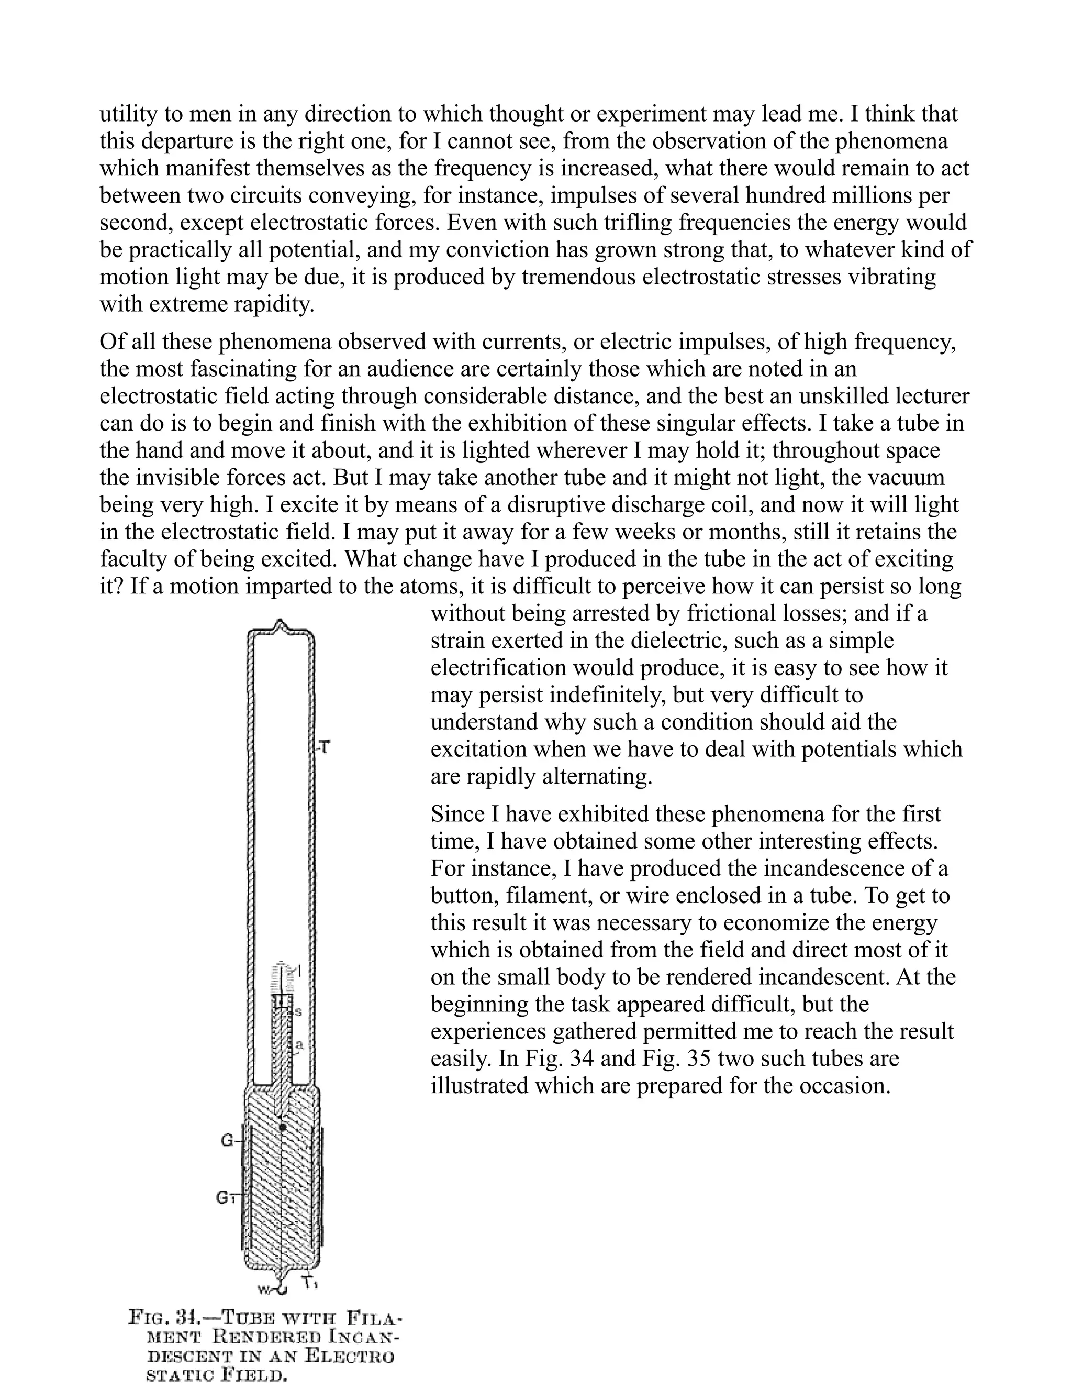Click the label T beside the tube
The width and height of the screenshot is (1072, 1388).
click(325, 748)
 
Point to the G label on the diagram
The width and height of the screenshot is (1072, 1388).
click(227, 1141)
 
